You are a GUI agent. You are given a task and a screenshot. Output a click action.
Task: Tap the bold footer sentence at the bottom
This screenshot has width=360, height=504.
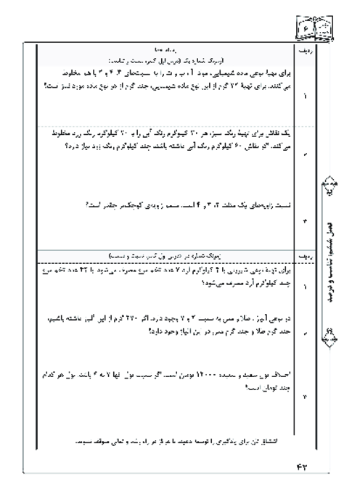pos(170,440)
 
